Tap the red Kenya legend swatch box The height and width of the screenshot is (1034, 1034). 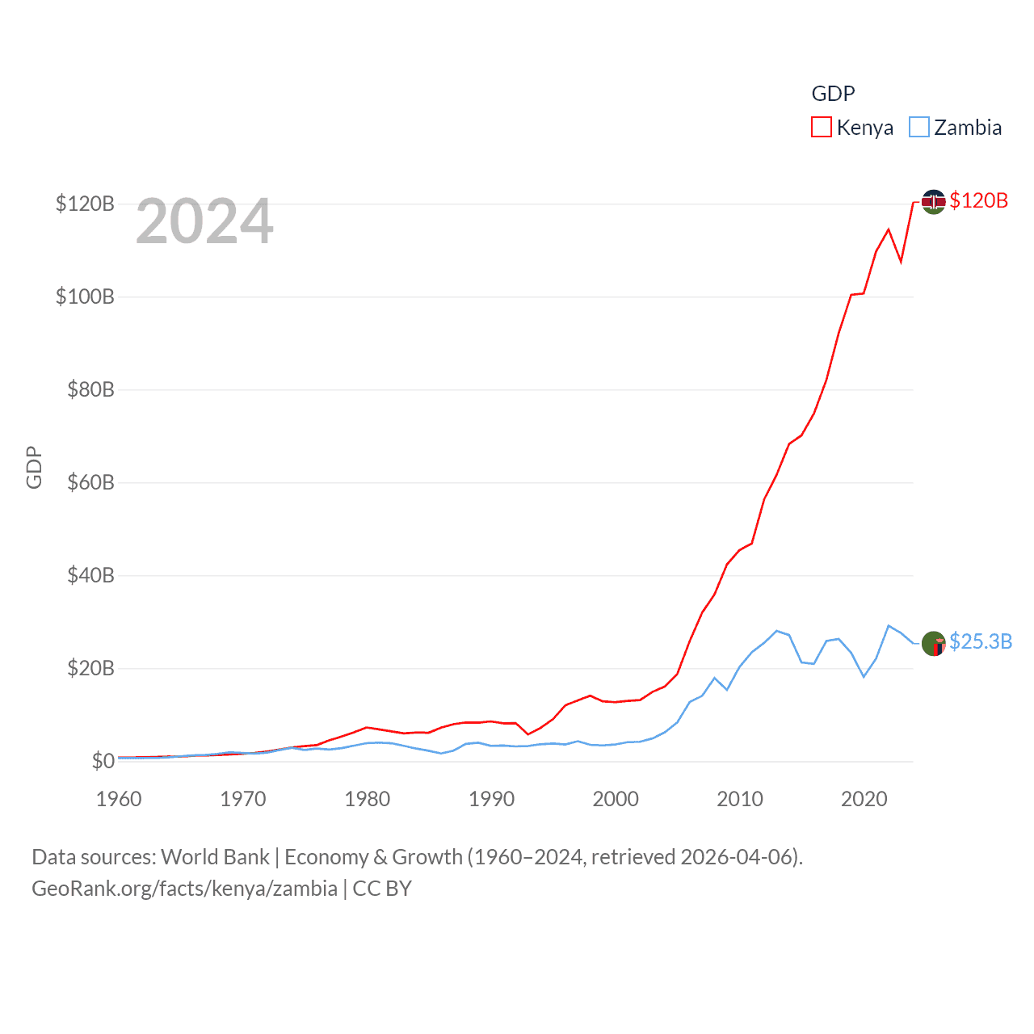tap(822, 128)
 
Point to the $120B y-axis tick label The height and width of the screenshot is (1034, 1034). tap(85, 204)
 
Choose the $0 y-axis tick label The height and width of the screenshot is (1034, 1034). tap(103, 761)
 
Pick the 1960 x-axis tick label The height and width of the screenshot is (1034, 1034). tap(119, 799)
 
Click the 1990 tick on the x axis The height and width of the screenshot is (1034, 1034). tap(491, 799)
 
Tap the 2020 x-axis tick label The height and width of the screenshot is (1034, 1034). tap(864, 799)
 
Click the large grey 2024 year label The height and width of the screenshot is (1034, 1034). tap(204, 221)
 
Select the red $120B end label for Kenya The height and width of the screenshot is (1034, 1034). tap(978, 200)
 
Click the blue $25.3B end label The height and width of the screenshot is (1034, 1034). tap(980, 641)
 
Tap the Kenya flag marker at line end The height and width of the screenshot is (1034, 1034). tap(933, 202)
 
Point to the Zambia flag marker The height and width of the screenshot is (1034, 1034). tap(933, 644)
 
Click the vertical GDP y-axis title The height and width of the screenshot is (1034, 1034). tap(34, 467)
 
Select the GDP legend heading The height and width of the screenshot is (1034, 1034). tap(833, 94)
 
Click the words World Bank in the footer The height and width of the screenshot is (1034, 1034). tap(216, 857)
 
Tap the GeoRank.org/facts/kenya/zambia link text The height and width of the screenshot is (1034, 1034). tap(184, 889)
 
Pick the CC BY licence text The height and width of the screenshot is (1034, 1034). tap(382, 889)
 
